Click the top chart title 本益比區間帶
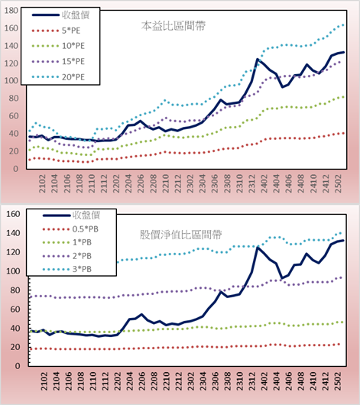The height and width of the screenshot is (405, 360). [174, 26]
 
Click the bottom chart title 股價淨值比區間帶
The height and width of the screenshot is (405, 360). [180, 235]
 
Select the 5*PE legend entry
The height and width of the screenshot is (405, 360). [56, 31]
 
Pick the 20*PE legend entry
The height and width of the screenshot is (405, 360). [58, 77]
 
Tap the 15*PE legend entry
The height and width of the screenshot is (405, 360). [58, 61]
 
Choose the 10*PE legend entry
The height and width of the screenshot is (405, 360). [58, 46]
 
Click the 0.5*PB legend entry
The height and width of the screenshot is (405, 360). [70, 229]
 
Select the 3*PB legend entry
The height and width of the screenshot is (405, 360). [67, 269]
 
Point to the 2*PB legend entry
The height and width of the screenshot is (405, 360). [67, 256]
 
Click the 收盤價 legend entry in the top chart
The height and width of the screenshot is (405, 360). [60, 15]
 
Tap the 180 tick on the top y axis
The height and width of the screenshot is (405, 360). [11, 11]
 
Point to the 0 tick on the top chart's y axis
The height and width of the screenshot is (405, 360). [16, 169]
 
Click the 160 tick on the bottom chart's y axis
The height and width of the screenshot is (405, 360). [13, 214]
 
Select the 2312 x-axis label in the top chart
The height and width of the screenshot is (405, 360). [252, 183]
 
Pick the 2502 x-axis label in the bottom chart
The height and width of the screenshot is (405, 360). [338, 381]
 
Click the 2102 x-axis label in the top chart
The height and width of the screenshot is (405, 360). [42, 183]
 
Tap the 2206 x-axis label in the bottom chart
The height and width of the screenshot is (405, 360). [141, 381]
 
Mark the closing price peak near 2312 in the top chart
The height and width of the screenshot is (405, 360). [258, 59]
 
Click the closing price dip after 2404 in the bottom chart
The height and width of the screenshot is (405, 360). [283, 278]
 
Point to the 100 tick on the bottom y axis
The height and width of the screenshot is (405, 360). [13, 271]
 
